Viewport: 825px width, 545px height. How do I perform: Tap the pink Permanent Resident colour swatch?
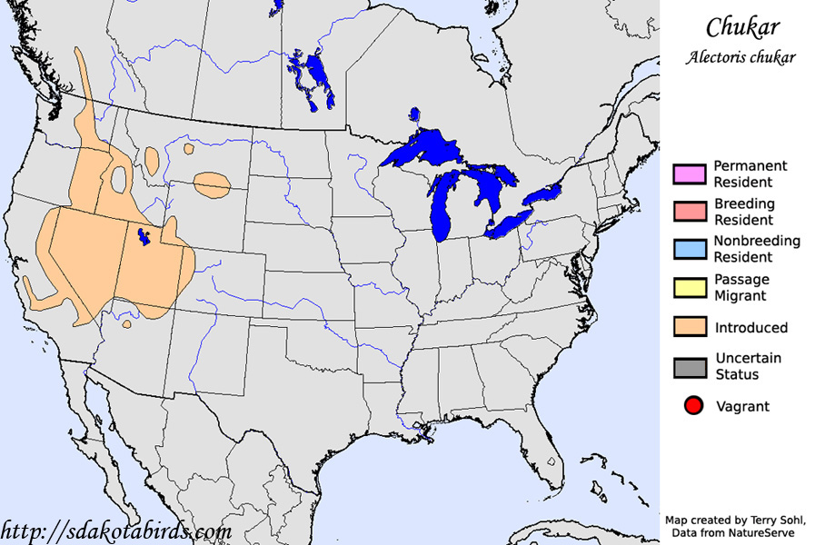coord(690,174)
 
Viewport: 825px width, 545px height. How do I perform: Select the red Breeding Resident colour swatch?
coord(690,212)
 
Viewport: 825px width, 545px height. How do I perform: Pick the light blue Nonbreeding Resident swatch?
coord(690,249)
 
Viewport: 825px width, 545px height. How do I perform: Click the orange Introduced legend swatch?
coord(690,327)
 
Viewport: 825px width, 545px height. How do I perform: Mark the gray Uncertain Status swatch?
coord(690,367)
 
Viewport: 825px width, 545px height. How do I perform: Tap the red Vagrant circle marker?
coord(694,406)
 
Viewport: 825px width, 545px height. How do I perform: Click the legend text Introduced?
coord(750,328)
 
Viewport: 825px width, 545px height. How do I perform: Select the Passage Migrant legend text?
coord(741,287)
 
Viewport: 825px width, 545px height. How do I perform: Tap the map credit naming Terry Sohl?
coord(736,520)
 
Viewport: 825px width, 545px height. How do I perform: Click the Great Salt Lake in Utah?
coord(142,238)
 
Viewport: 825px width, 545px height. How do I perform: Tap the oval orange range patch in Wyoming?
coord(212,184)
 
